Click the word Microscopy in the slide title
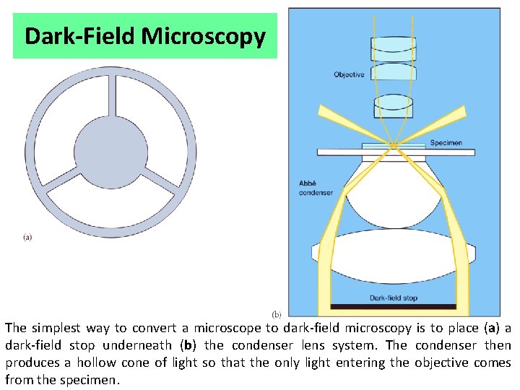click(x=215, y=36)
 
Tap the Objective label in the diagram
click(x=349, y=74)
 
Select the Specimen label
click(x=446, y=143)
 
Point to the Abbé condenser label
click(x=316, y=188)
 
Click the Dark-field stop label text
click(x=394, y=298)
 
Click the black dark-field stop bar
click(x=393, y=306)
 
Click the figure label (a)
click(x=27, y=236)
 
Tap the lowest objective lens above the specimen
click(x=393, y=107)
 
